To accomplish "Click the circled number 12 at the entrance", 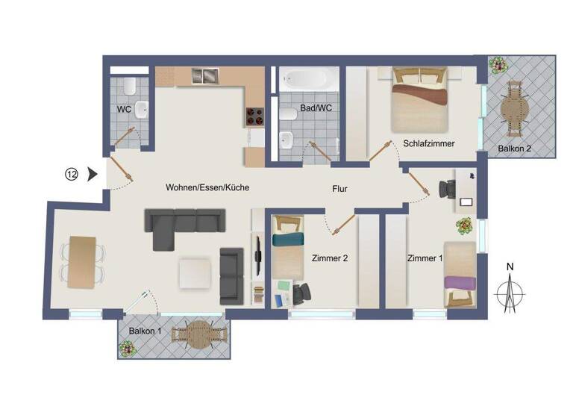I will [72, 175].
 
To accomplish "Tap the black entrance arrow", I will [93, 175].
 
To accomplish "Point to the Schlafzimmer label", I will [429, 143].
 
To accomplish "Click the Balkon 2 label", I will [514, 149].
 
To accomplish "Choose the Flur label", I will [339, 189].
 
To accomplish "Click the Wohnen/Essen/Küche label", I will [207, 188].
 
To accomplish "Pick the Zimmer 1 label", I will [425, 259].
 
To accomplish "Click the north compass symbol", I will [510, 291].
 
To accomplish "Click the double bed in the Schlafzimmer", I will [420, 97].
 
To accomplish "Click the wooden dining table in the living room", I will [82, 262].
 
